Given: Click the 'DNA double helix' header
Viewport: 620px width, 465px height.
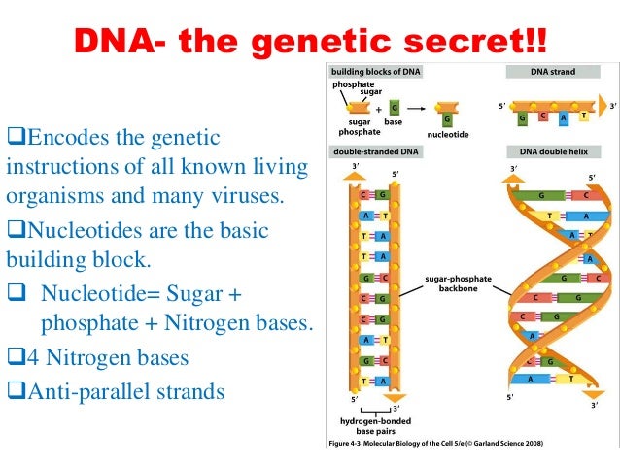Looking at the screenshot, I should tap(550, 152).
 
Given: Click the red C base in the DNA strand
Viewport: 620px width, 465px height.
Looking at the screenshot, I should tap(541, 117).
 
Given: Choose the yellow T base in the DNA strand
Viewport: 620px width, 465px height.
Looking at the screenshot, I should tap(582, 114).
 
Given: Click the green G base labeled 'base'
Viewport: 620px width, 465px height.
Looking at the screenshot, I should tap(394, 108).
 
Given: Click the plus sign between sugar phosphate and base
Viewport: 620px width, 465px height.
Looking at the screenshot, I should tap(378, 110).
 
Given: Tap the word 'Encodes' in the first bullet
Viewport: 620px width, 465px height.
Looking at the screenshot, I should tap(57, 138).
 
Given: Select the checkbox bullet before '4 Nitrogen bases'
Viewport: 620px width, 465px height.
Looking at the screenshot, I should tap(13, 358).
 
